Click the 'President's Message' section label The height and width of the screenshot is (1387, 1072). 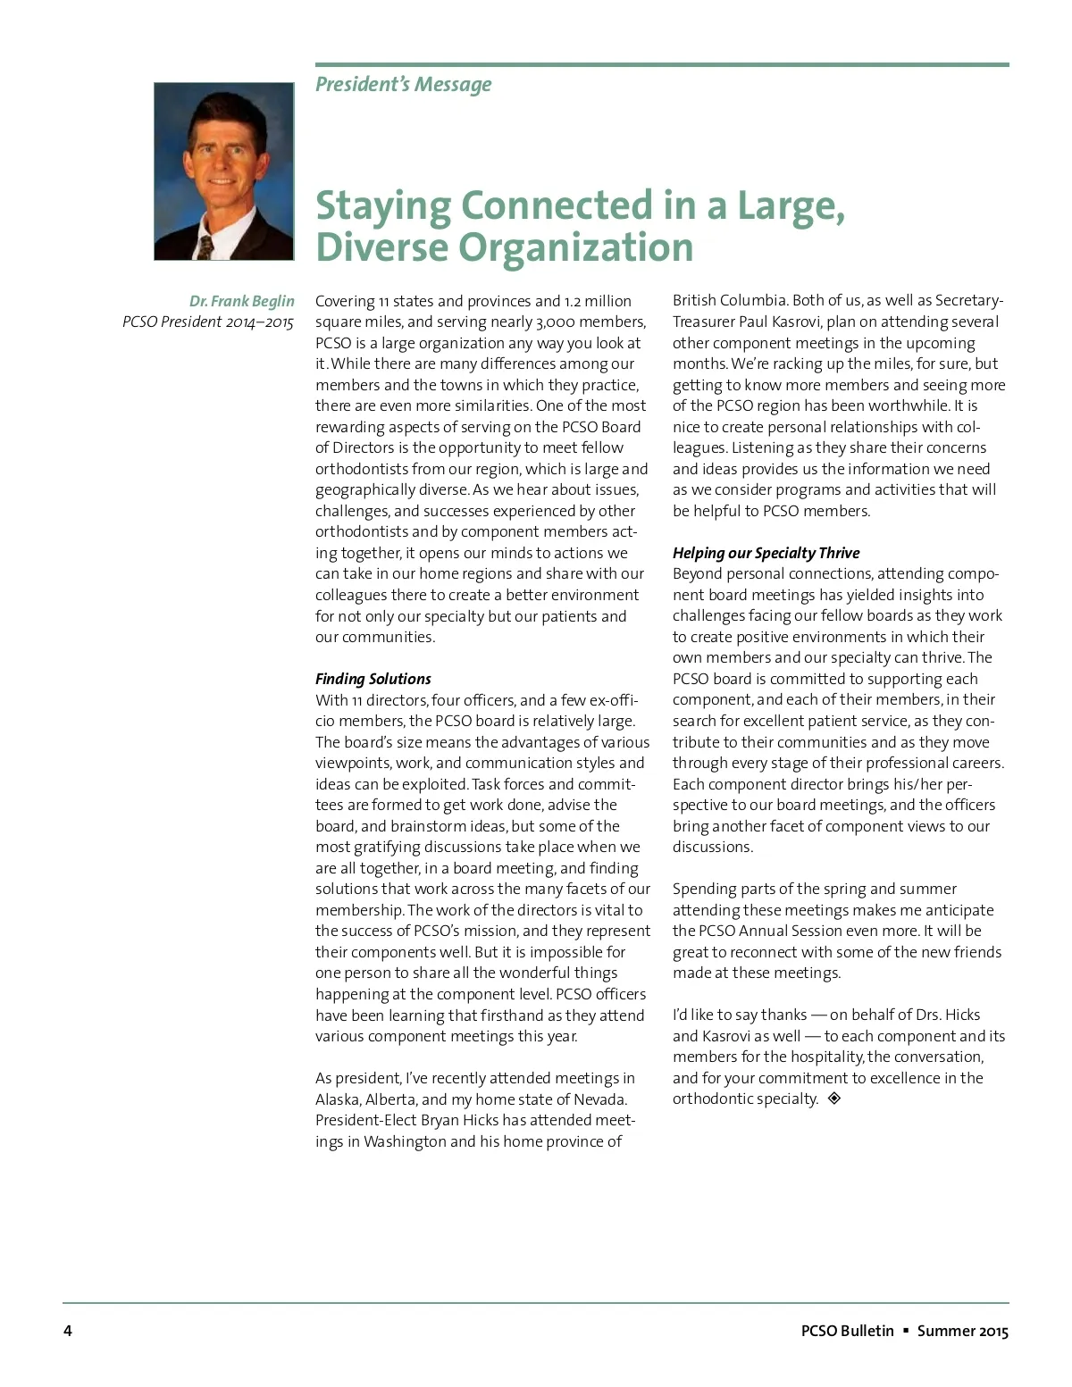pos(403,85)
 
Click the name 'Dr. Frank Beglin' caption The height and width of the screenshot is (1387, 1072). pos(241,301)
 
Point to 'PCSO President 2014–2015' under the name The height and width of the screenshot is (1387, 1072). pos(207,322)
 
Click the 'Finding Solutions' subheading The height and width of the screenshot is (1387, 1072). pos(373,679)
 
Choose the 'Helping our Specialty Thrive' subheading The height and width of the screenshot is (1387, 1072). pos(766,553)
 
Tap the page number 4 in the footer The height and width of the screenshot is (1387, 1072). pos(68,1331)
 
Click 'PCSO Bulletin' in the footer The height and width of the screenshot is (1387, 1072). pos(847,1331)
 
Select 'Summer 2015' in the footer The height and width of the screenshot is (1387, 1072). pos(962,1331)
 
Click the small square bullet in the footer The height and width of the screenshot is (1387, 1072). pos(906,1331)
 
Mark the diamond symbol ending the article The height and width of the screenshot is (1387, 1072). pos(834,1099)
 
